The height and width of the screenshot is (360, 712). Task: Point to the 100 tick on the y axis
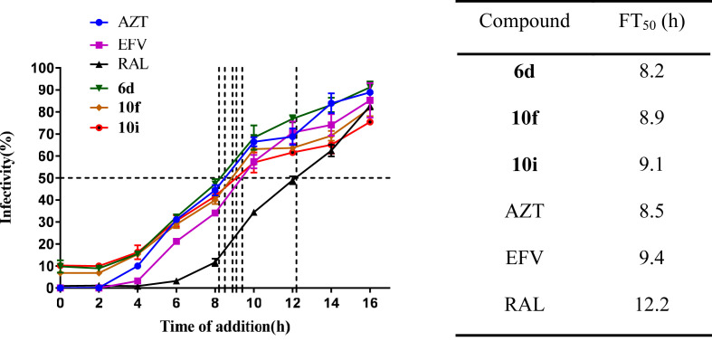tap(40, 68)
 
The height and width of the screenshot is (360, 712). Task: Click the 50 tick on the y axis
tap(43, 178)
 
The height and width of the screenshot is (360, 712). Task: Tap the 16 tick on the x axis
tap(369, 303)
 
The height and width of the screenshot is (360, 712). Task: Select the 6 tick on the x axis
tap(176, 303)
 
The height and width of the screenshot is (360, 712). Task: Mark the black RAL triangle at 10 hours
tap(254, 213)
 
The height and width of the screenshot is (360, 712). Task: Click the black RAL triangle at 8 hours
tap(215, 262)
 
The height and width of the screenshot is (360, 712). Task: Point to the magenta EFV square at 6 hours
tap(176, 242)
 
